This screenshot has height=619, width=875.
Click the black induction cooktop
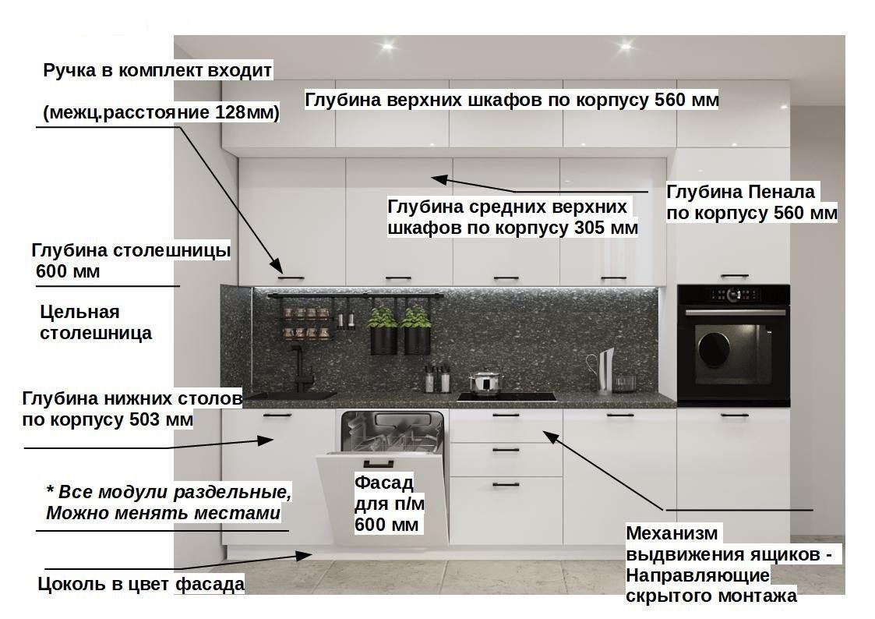(506, 397)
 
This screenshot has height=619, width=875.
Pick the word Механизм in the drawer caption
(672, 533)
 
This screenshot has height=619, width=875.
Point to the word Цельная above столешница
(79, 312)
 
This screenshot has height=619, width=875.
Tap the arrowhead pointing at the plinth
(305, 555)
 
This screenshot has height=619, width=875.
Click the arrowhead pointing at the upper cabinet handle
(274, 264)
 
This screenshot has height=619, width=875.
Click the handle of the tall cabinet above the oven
(734, 276)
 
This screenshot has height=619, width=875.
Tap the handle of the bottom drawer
(506, 484)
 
